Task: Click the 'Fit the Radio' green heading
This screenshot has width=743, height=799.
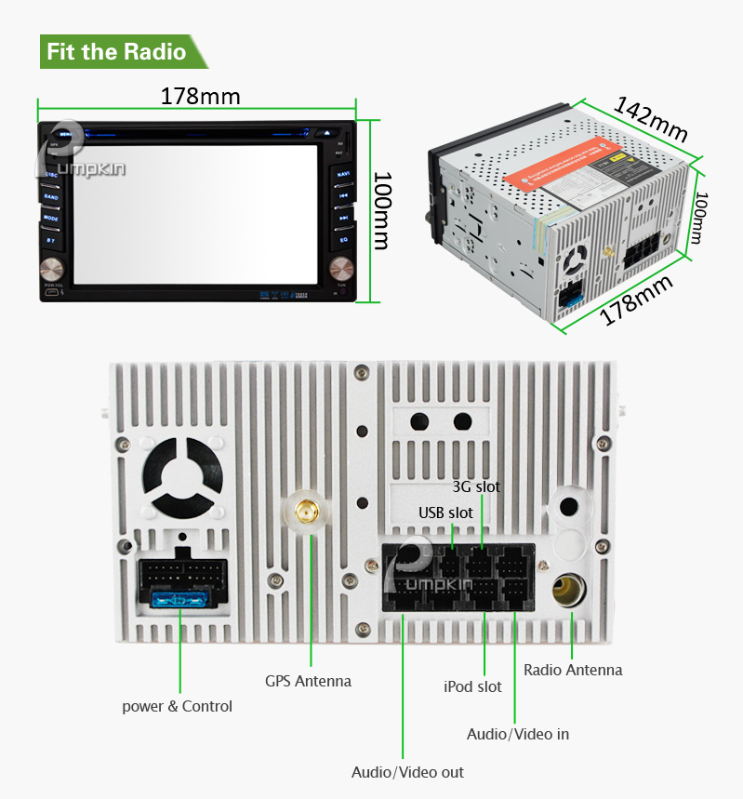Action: tap(116, 50)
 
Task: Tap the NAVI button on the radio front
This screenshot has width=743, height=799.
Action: tap(343, 174)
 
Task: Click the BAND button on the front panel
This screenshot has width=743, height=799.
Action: tap(51, 196)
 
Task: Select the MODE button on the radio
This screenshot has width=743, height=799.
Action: tap(51, 218)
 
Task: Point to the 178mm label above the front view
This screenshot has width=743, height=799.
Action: tap(200, 96)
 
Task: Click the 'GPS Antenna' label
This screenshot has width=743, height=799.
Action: tap(308, 681)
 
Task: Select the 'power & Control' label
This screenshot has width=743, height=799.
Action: tap(177, 706)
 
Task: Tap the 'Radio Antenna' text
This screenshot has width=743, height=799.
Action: tap(573, 670)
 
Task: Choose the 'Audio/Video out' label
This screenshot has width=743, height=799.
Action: tap(407, 772)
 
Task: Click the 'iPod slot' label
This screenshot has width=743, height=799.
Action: tap(472, 686)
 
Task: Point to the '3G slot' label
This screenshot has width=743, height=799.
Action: tap(476, 486)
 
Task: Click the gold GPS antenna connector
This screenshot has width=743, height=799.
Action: tap(304, 511)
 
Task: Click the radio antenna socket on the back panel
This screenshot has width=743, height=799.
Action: tap(567, 589)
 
